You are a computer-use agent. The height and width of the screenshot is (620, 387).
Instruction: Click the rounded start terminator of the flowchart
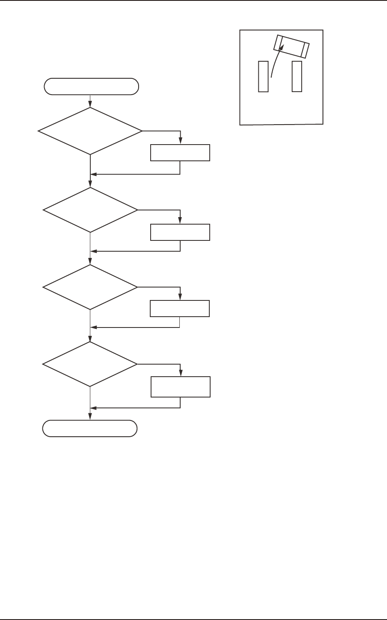pyautogui.click(x=91, y=86)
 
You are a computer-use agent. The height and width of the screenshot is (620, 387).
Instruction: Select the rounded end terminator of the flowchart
pyautogui.click(x=90, y=428)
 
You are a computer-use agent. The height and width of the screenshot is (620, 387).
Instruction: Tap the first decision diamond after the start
pyautogui.click(x=90, y=131)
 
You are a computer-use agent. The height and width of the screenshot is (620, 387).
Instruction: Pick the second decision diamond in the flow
pyautogui.click(x=90, y=210)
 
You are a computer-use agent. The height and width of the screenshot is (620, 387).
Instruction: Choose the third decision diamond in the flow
pyautogui.click(x=90, y=287)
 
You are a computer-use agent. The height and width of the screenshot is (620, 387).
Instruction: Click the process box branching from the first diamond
pyautogui.click(x=180, y=153)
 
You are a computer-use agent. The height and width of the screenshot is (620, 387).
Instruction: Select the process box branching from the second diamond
pyautogui.click(x=180, y=232)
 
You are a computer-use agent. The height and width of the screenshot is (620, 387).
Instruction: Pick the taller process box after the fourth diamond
pyautogui.click(x=180, y=387)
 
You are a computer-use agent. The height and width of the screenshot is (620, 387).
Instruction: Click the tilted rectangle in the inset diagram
pyautogui.click(x=291, y=46)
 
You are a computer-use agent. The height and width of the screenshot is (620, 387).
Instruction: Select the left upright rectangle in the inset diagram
pyautogui.click(x=263, y=76)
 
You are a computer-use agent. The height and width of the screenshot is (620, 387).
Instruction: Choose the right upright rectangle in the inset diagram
pyautogui.click(x=297, y=76)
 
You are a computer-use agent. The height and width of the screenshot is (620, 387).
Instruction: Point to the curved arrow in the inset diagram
pyautogui.click(x=275, y=62)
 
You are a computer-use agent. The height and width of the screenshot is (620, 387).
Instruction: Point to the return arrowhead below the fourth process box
pyautogui.click(x=94, y=407)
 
